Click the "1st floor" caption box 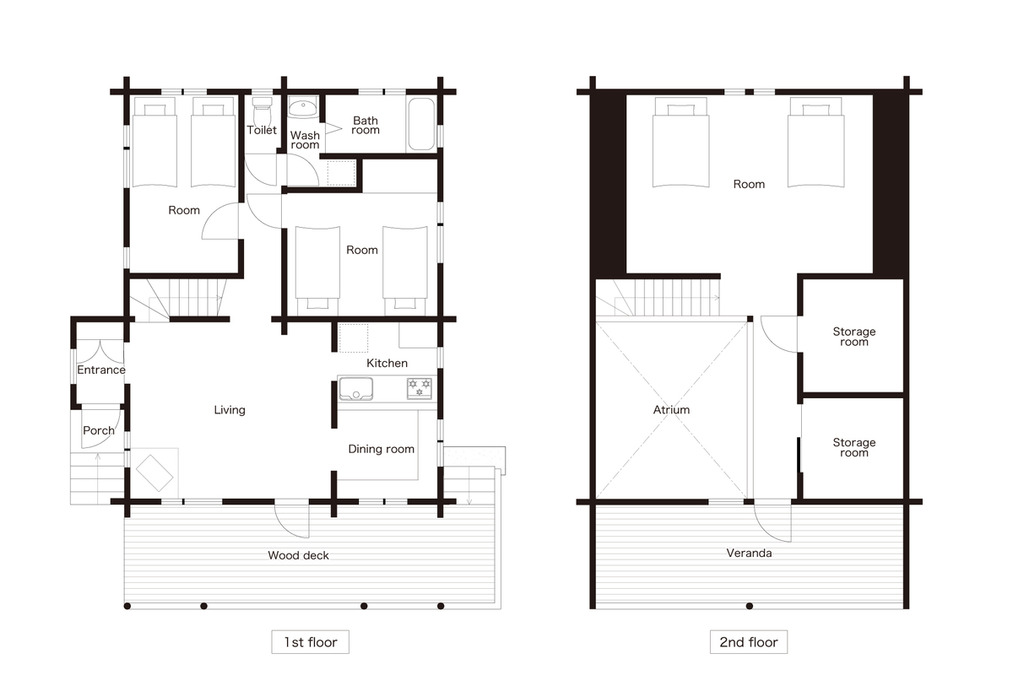(311, 641)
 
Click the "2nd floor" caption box (749, 641)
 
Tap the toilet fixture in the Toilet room (262, 111)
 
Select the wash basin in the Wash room (303, 109)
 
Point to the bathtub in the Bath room (421, 124)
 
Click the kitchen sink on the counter (356, 389)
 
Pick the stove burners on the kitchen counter (420, 389)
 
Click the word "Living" (230, 409)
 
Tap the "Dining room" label (382, 449)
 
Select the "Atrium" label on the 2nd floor (671, 409)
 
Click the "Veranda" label (749, 553)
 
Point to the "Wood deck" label (298, 555)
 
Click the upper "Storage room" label (853, 337)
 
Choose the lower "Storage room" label (853, 447)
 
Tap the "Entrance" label (100, 370)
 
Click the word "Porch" (99, 430)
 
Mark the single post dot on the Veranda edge (750, 606)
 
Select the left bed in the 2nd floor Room (680, 142)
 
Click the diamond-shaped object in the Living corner (154, 472)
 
